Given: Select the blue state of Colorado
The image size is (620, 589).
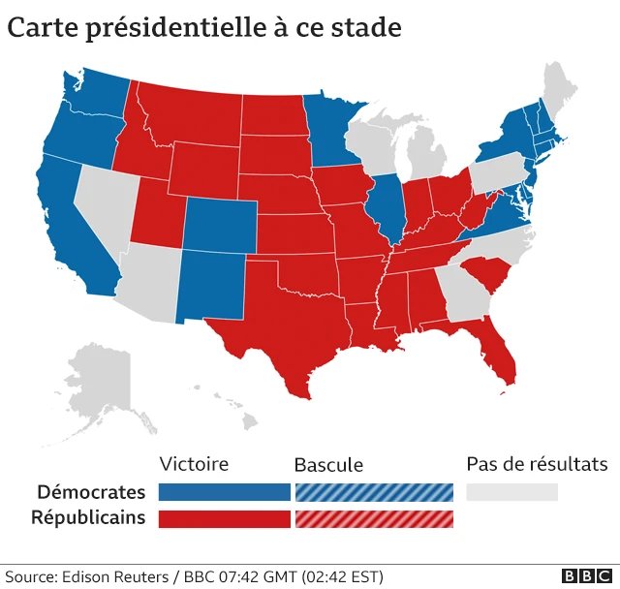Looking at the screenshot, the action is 220,225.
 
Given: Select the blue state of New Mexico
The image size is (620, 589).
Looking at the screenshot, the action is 211,285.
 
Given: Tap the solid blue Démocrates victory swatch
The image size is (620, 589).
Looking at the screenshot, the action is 225,492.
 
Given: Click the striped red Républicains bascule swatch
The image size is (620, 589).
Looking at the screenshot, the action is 374,519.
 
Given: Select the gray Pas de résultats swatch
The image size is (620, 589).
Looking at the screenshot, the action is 512,492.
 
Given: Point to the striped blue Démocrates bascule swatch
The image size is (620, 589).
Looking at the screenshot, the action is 374,492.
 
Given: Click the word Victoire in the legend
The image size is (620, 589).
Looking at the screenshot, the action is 194,464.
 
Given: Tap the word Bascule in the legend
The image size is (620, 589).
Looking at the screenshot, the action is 328,465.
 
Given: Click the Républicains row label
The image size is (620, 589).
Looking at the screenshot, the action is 88,518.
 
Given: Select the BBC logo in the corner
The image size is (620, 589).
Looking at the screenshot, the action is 587,576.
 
